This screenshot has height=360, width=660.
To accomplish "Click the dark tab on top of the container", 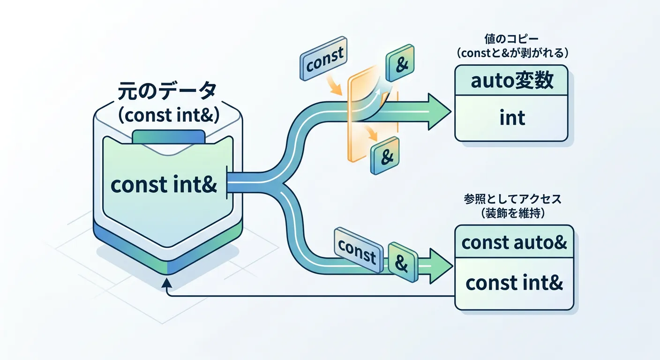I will pyautogui.click(x=168, y=136).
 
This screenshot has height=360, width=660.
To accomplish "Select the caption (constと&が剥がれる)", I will pyautogui.click(x=512, y=53).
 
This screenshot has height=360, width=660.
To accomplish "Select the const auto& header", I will pyautogui.click(x=514, y=242).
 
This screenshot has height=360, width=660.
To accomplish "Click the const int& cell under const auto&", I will pyautogui.click(x=514, y=284).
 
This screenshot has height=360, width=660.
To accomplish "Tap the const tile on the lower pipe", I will pyautogui.click(x=357, y=249).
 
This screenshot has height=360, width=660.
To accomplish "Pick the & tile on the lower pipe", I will pyautogui.click(x=402, y=263).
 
